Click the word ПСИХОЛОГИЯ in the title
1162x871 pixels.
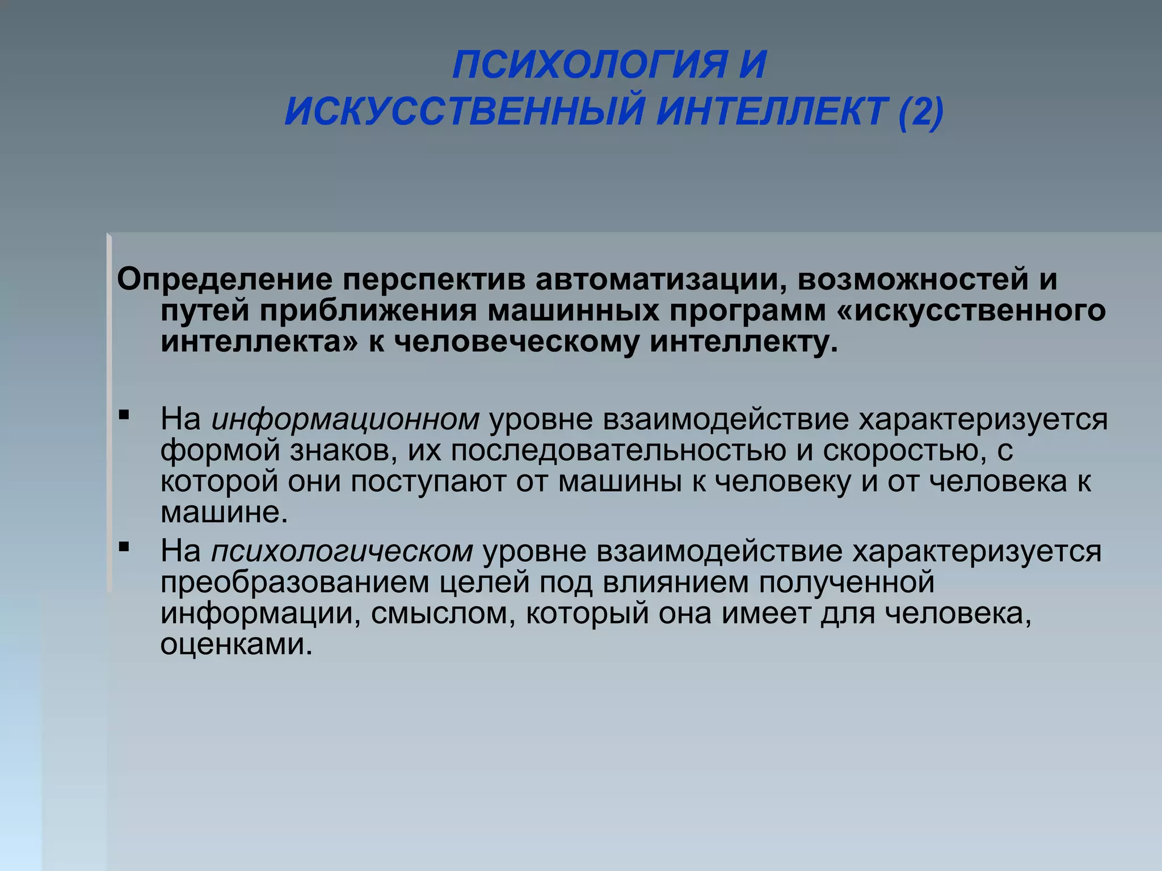589,65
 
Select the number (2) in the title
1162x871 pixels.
921,111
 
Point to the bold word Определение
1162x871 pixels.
224,280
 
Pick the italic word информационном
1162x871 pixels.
346,420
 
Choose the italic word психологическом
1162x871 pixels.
342,551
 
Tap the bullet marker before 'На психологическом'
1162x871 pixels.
124,547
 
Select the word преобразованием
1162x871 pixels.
295,582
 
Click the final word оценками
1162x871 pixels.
237,645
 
